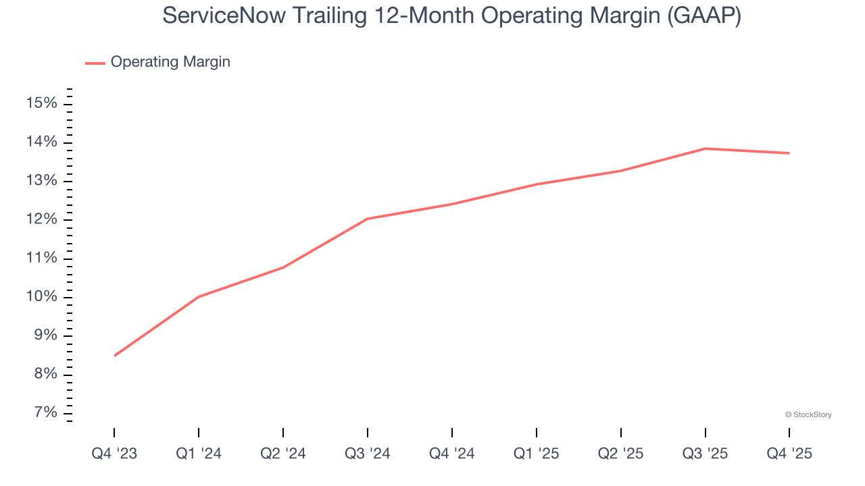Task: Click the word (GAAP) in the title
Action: point(703,16)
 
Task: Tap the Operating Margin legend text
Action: point(170,62)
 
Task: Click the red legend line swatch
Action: point(95,63)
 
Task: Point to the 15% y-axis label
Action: point(42,103)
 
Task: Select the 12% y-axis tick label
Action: point(42,220)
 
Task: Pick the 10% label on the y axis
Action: point(42,297)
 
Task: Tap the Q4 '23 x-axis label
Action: point(114,454)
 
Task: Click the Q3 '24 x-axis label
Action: point(368,454)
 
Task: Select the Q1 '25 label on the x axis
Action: point(537,454)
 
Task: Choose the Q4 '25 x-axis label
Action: point(789,454)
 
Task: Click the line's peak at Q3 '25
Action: point(705,148)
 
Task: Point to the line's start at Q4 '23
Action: point(115,356)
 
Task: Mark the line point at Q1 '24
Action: point(199,296)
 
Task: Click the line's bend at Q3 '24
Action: point(368,219)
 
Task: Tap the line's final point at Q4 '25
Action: point(789,153)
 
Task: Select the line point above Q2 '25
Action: point(621,171)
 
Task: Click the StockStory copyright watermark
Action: point(808,414)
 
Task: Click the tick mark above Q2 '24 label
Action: point(283,432)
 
